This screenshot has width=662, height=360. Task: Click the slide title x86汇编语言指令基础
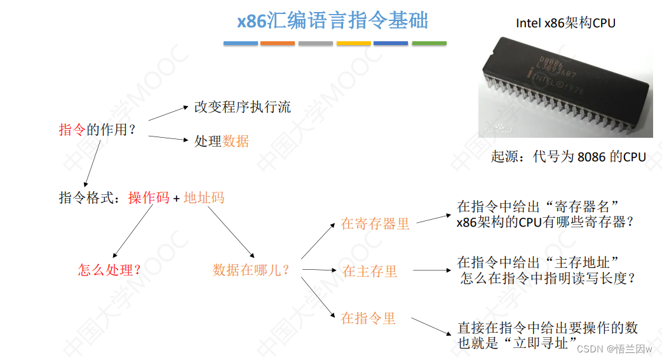point(333,20)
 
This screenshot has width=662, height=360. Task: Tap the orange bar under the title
point(278,43)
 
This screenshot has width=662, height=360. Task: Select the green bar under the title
point(429,43)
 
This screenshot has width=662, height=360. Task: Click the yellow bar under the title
point(353,43)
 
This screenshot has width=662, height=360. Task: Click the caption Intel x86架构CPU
point(565,23)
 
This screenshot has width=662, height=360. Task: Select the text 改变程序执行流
point(242,107)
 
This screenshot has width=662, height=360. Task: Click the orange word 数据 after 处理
point(236,141)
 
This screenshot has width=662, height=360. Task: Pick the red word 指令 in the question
point(72,130)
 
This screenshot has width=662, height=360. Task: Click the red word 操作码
point(149,197)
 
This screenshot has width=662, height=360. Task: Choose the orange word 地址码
point(204,197)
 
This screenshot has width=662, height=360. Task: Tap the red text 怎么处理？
point(109,270)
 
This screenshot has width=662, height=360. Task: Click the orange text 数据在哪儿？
point(251,270)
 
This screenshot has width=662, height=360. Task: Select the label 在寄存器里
point(375,223)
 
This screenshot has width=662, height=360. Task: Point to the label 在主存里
point(370,271)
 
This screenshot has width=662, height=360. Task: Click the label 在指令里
point(368,318)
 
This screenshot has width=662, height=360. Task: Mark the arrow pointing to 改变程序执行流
point(168,112)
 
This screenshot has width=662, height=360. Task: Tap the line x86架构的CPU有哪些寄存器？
point(545,223)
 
